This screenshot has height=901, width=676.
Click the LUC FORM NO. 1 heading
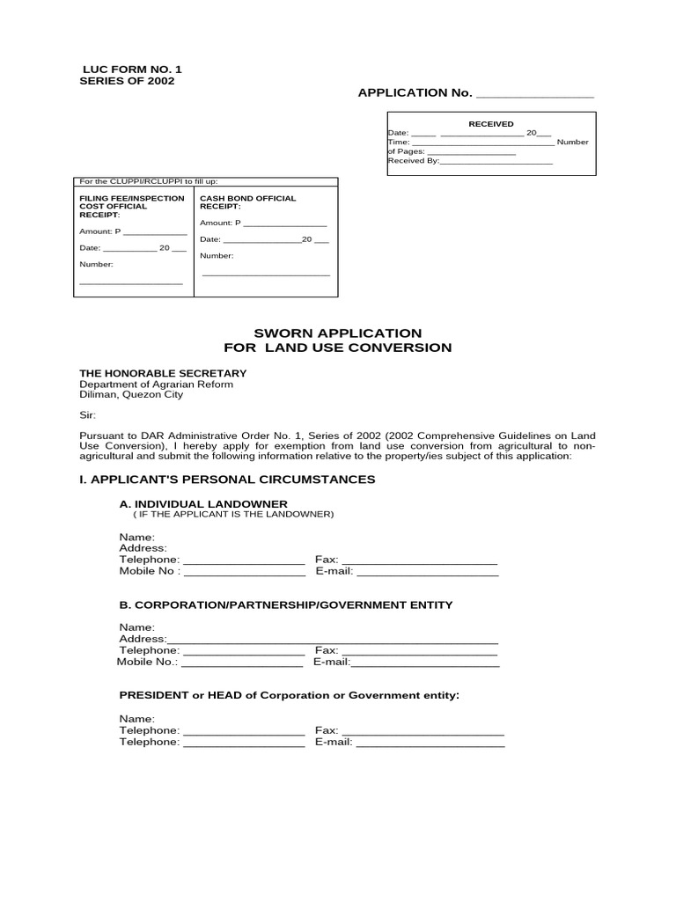coord(132,69)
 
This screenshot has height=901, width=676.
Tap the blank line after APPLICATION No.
coord(534,94)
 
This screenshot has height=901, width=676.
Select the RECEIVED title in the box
coord(490,124)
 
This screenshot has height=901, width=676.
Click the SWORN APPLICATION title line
coord(338,333)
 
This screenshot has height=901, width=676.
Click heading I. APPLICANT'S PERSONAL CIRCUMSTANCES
coord(227,480)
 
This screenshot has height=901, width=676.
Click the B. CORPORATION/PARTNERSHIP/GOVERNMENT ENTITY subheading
coord(285,604)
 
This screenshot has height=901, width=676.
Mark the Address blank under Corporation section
coord(333,641)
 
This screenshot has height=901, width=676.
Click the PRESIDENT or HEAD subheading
coord(290,695)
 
